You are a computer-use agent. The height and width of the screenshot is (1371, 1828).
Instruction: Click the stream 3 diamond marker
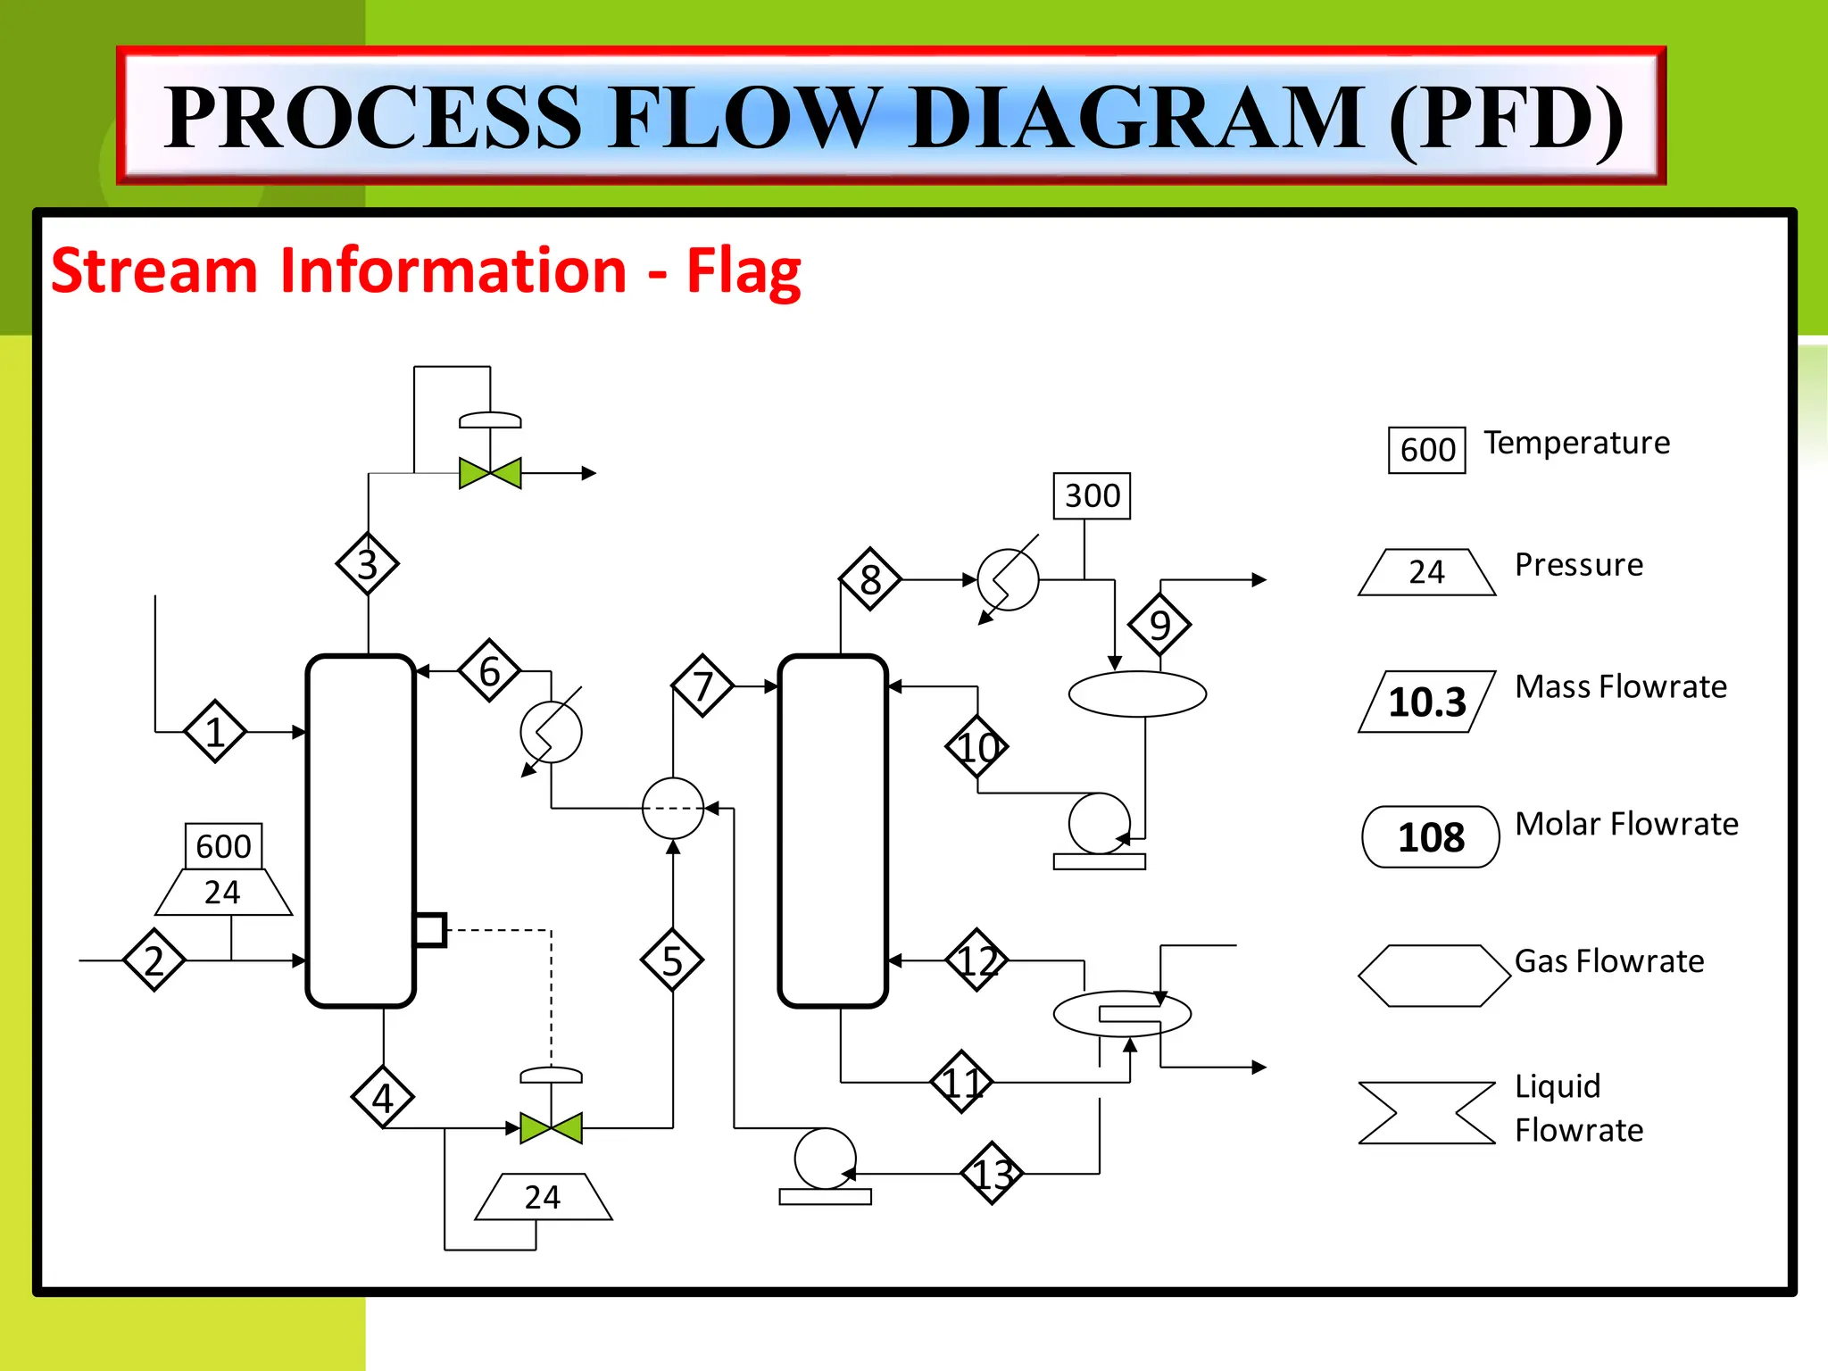(x=367, y=564)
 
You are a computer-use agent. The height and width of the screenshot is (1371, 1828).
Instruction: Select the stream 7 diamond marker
(x=702, y=685)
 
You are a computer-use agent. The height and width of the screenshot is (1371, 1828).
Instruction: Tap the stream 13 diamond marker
(x=993, y=1173)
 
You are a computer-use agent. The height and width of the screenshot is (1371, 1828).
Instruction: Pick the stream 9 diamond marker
(x=1159, y=624)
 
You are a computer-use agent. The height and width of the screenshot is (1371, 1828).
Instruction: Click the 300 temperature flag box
(x=1092, y=496)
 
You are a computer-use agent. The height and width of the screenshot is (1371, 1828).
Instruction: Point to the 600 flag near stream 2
(x=223, y=846)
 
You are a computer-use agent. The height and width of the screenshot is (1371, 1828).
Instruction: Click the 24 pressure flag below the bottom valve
(x=543, y=1197)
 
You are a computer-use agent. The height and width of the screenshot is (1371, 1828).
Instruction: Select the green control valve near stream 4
(x=551, y=1127)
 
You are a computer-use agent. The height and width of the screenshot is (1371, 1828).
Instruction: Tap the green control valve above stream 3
(x=490, y=472)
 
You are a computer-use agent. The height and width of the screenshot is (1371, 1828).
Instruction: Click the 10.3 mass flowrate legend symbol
(x=1426, y=702)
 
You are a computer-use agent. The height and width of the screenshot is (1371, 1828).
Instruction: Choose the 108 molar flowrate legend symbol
(x=1430, y=837)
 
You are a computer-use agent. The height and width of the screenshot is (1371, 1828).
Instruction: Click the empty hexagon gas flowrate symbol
(x=1433, y=976)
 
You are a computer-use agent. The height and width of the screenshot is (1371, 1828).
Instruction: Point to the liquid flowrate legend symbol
(x=1426, y=1113)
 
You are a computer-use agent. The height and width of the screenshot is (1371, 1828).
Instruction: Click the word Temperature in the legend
(x=1576, y=443)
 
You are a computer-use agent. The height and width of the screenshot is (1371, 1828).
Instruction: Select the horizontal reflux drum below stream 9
(x=1137, y=694)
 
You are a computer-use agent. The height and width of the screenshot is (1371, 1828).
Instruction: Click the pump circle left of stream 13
(x=825, y=1159)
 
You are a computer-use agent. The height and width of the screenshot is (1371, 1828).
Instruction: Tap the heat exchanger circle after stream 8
(x=1008, y=579)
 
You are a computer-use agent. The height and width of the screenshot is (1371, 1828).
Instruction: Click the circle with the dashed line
(x=673, y=808)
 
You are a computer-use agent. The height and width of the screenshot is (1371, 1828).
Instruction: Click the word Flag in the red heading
(x=744, y=271)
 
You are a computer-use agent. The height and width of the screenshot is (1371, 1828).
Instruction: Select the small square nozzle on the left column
(x=430, y=930)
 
